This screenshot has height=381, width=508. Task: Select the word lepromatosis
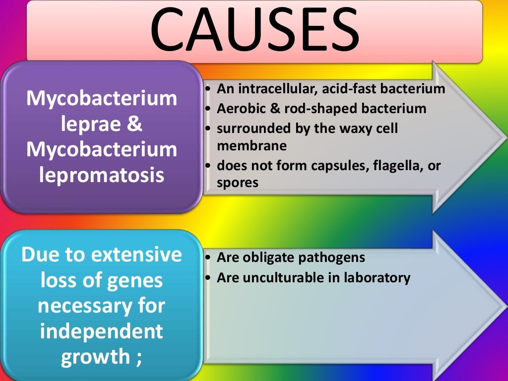102,175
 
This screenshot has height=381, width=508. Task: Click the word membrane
252,146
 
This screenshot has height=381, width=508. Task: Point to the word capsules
338,165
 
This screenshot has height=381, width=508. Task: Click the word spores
238,183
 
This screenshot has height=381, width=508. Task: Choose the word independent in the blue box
101,331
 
